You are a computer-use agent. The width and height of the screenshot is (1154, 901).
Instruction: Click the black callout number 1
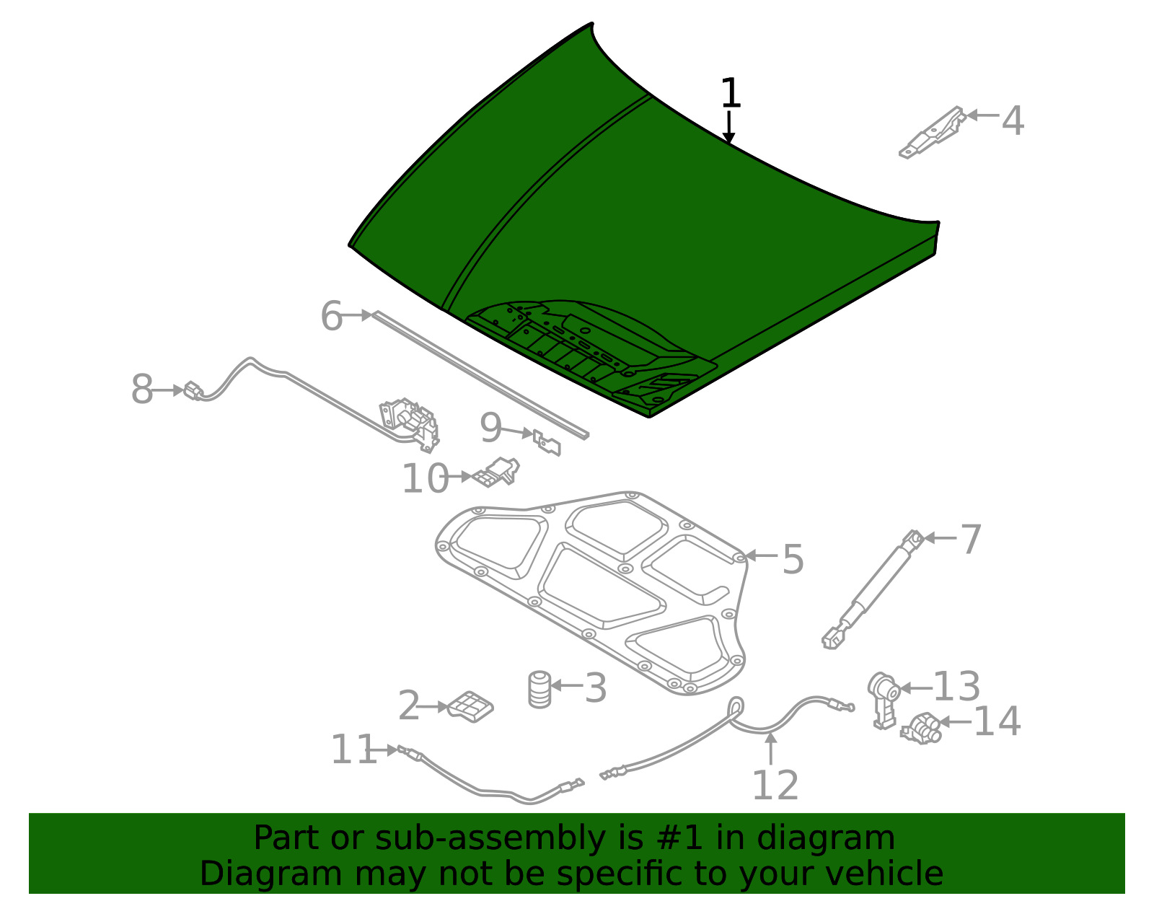[730, 94]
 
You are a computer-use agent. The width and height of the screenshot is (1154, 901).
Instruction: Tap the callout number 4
[1013, 120]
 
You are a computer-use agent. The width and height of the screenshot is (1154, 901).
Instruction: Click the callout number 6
[331, 316]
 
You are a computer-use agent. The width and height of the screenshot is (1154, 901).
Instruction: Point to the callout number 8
[142, 390]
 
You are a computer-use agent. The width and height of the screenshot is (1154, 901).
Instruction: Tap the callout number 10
[425, 479]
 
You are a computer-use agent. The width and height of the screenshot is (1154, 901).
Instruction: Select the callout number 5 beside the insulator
[793, 560]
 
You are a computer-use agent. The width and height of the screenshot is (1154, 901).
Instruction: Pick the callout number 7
[971, 540]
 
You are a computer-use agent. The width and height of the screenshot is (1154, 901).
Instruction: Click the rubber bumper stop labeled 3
[539, 689]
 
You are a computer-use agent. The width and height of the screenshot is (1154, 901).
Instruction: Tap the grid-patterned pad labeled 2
[470, 706]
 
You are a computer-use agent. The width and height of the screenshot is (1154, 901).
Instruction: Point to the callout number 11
[353, 750]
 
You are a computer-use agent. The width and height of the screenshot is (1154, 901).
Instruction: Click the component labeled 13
[884, 696]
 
